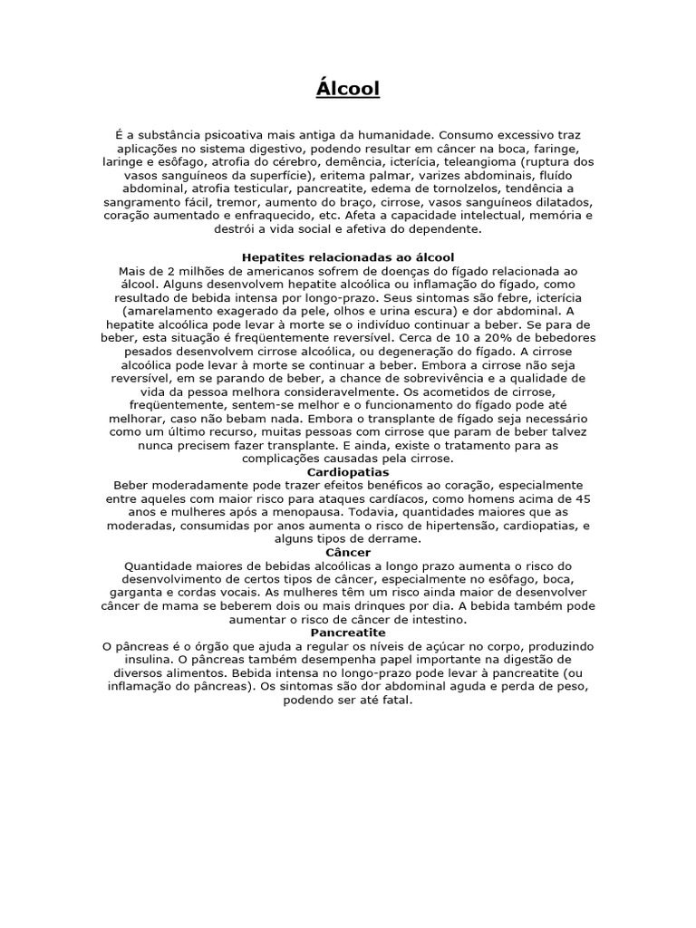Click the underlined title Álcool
point(348,89)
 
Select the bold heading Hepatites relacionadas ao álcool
point(348,258)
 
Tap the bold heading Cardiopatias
point(348,472)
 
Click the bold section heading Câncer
point(348,552)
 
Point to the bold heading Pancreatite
point(348,632)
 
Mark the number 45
point(584,498)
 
